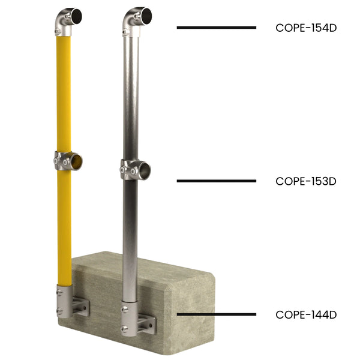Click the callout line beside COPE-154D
pos(216,28)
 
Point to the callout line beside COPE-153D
pos(216,181)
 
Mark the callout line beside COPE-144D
pos(216,314)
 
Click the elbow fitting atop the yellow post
pos(67,20)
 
